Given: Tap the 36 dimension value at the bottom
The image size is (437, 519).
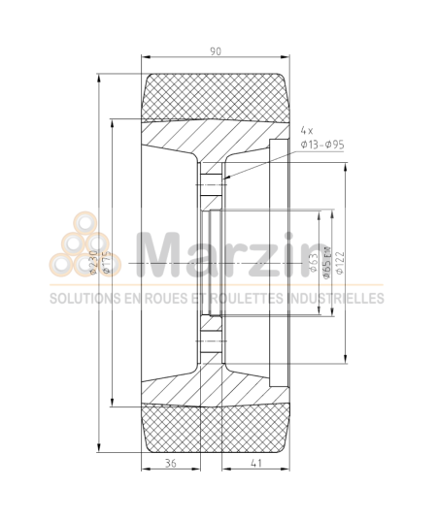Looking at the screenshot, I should [x=171, y=463].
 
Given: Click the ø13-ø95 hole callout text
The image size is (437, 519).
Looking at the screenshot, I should [x=323, y=145].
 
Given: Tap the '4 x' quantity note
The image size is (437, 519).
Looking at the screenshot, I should [x=308, y=129].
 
